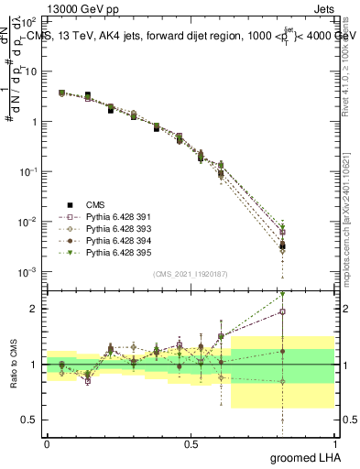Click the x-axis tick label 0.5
pyautogui.click(x=190, y=443)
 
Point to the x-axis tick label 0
pyautogui.click(x=47, y=443)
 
